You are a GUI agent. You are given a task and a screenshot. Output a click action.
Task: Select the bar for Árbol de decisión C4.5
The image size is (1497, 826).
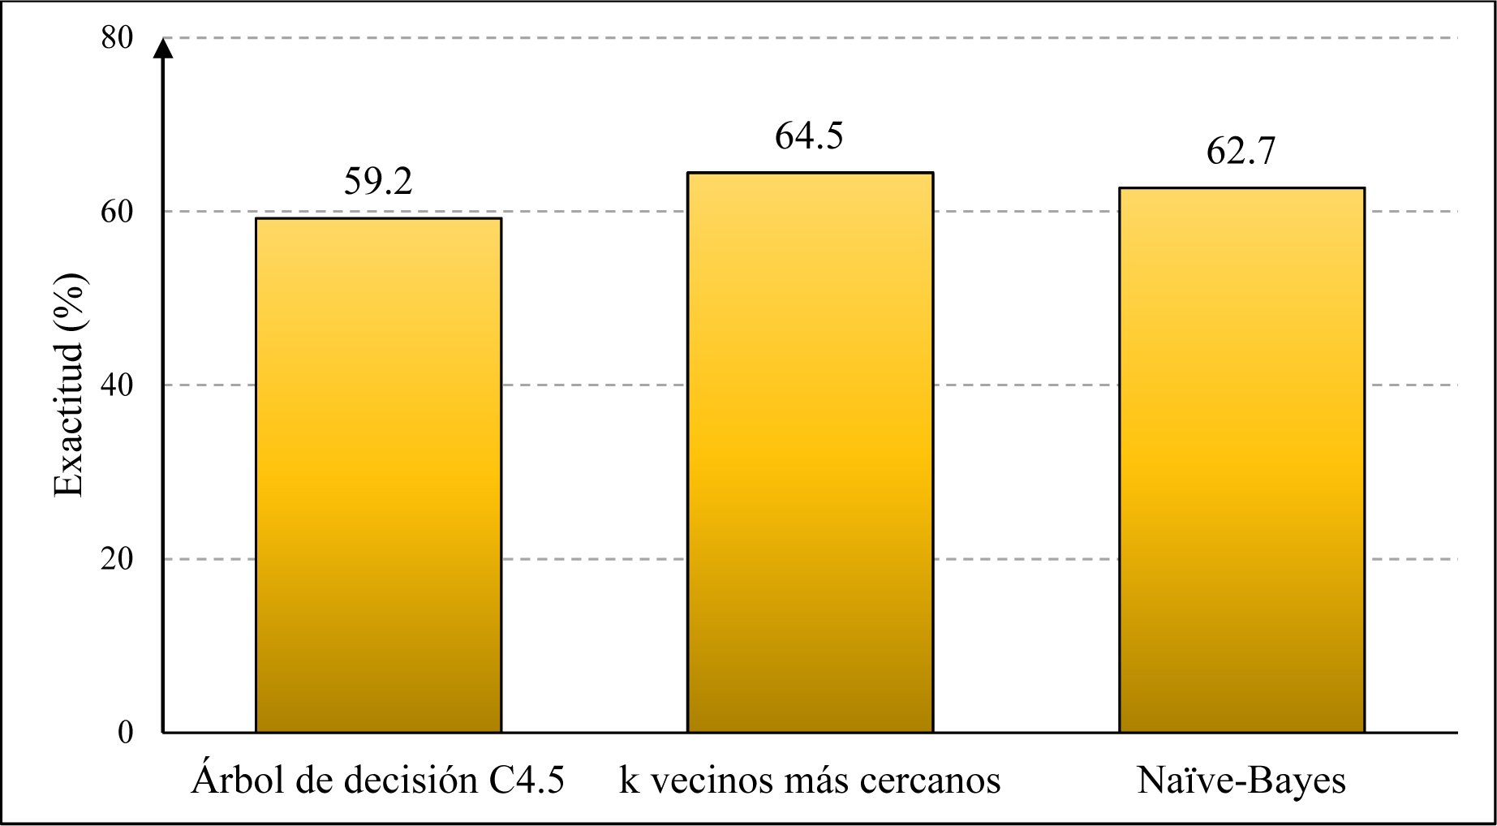pos(378,475)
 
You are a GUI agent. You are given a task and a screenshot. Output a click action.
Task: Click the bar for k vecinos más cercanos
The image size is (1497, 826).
pos(810,452)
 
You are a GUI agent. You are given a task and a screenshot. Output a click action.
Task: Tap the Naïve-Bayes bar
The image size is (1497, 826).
pos(1241,460)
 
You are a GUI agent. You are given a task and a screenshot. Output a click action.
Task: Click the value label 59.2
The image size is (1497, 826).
pos(378,182)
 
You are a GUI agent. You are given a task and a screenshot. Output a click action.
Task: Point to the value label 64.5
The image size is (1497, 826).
pos(809,136)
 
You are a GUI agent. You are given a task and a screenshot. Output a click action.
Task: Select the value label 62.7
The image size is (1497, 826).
pos(1241,152)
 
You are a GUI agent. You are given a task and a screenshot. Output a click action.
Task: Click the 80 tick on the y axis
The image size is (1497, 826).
pos(117,37)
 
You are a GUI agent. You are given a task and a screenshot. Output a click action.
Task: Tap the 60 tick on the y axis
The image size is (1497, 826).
pos(117,212)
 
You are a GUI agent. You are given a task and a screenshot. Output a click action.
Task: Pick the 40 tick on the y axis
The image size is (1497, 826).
pos(117,385)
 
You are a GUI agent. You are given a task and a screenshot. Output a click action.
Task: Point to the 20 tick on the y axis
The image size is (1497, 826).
pos(117,559)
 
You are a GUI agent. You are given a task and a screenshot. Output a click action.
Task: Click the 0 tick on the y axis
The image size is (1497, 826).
pos(125,733)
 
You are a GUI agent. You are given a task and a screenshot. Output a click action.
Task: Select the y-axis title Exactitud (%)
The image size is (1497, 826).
pos(69,385)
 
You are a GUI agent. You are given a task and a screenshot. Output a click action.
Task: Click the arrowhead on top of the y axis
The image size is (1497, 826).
pos(163,49)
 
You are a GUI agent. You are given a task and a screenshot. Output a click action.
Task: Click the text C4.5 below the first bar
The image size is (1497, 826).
pos(527,781)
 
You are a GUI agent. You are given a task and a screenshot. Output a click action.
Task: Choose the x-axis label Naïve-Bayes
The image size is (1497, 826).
pos(1241,781)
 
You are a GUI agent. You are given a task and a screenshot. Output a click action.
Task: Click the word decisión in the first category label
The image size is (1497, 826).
pos(411,781)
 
